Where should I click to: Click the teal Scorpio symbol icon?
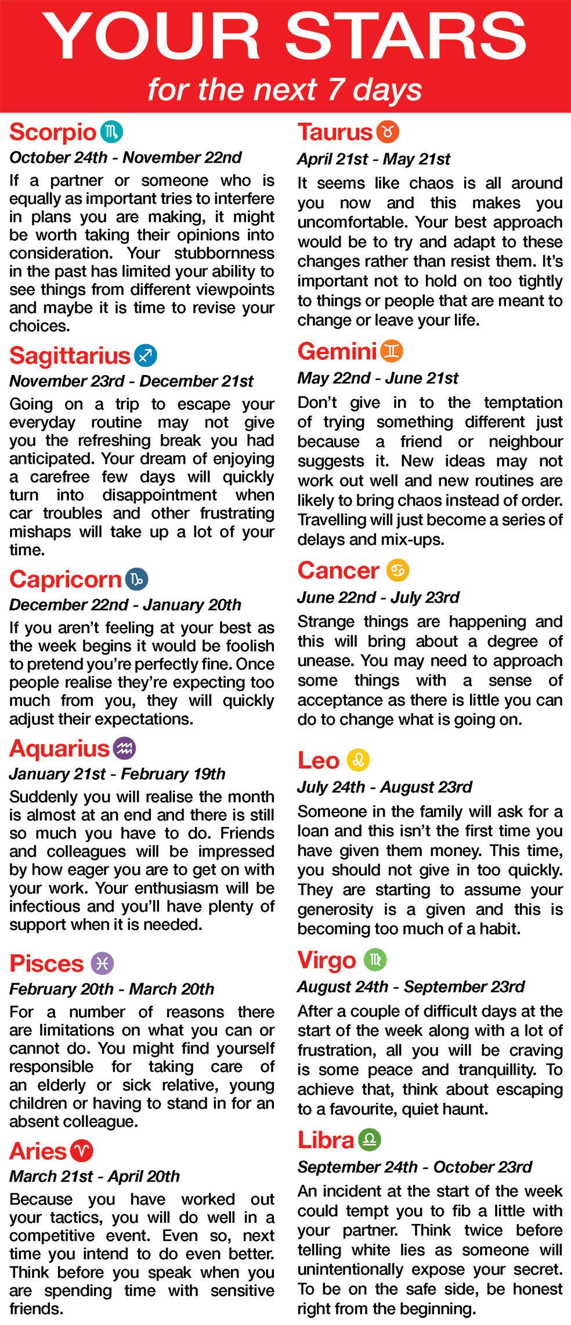pos(111,132)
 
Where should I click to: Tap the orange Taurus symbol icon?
pos(388,132)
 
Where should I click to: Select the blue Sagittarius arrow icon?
pos(145,355)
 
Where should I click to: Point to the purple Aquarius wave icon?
pos(125,748)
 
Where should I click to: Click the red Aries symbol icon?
pos(81,1150)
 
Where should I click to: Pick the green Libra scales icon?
pos(370,1140)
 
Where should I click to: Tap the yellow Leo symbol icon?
pos(358,760)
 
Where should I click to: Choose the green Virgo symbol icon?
pos(375,959)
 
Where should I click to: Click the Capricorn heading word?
pos(65,579)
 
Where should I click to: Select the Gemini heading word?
pos(337,351)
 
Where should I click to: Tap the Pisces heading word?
pos(46,963)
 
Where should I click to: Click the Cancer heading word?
pos(338,571)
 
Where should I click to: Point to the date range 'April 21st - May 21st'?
pos(374,159)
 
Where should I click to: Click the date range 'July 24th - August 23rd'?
pos(384,787)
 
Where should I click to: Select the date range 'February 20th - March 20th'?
pos(111,989)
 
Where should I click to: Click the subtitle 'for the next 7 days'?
pos(284,90)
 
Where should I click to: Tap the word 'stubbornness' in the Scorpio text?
pos(225,253)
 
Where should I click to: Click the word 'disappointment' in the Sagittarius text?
pos(160,495)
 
